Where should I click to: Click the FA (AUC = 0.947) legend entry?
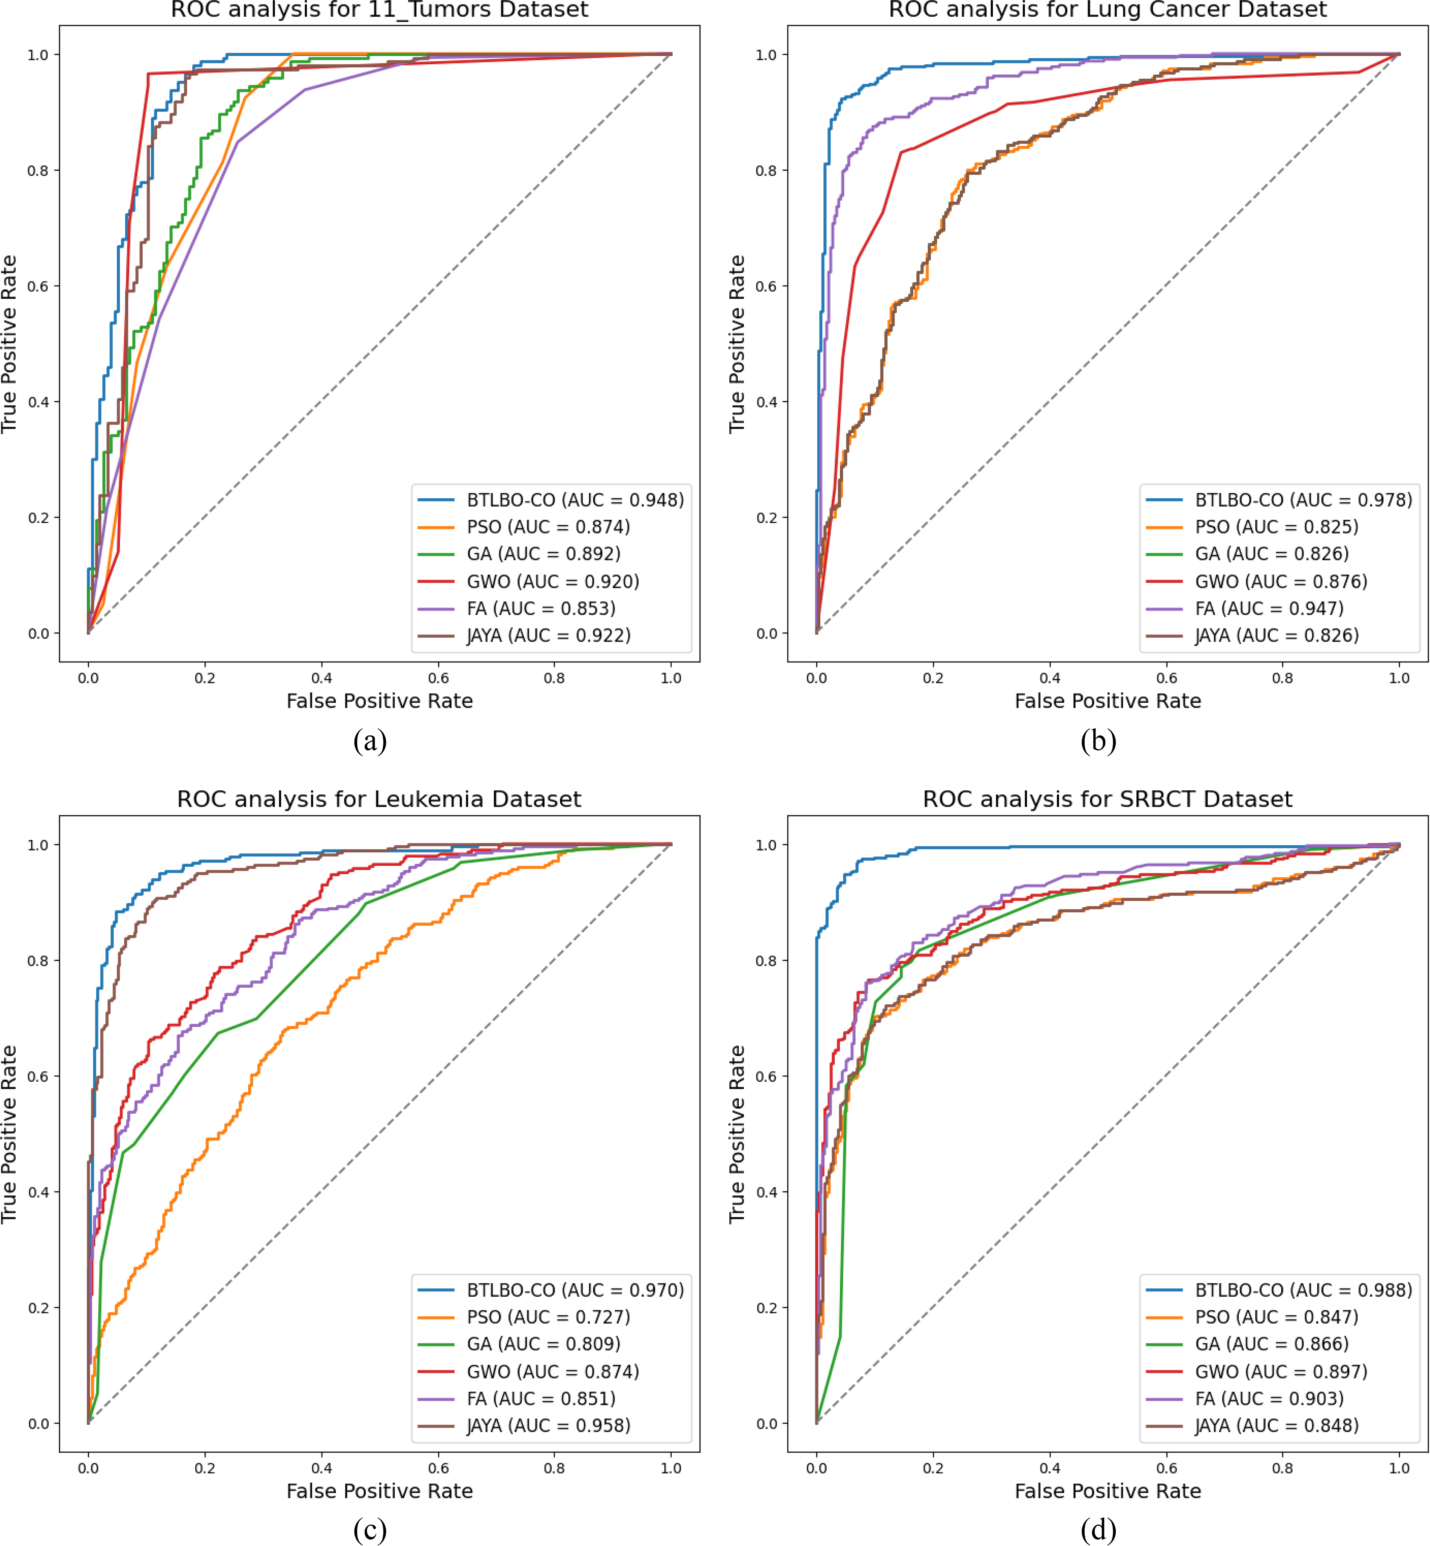pos(1269,608)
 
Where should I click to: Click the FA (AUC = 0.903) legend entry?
pos(1269,1398)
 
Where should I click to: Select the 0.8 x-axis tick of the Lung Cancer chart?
pos(1282,678)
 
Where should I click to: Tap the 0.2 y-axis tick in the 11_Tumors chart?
pos(39,518)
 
